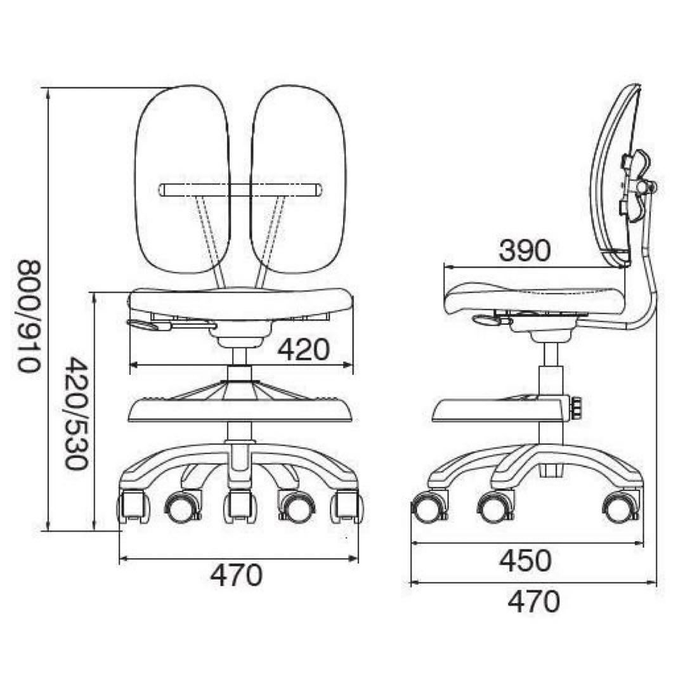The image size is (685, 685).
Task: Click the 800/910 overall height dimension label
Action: pos(29,316)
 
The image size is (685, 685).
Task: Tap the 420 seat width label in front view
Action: pos(304,349)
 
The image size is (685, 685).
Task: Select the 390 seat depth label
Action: pos(525,251)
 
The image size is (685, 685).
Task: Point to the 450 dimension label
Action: pos(526,561)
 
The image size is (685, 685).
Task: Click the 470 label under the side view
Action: pos(533,601)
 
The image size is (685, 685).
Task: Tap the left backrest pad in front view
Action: pos(182,179)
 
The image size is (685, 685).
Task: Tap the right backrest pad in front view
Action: pos(298,179)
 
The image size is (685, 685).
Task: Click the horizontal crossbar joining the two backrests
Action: pos(241,190)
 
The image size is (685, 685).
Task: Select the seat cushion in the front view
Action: pos(241,304)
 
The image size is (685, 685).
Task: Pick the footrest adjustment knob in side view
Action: pos(576,407)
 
